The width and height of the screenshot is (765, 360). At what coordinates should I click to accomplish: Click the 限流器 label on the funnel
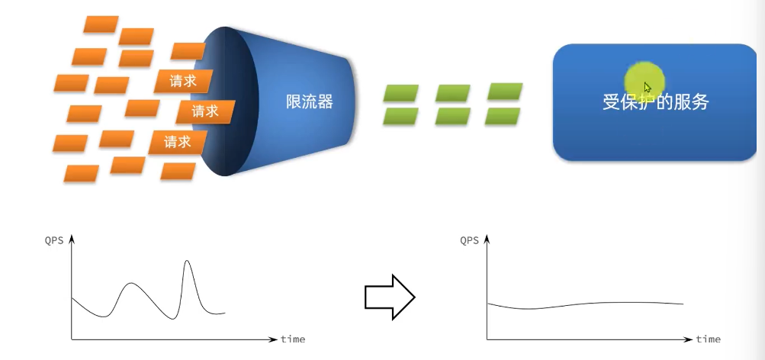click(309, 101)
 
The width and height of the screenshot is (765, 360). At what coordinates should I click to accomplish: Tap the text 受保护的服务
click(655, 101)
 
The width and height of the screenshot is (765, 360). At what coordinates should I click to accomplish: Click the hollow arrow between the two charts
click(389, 296)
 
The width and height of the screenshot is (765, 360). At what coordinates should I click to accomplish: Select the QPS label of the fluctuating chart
click(56, 240)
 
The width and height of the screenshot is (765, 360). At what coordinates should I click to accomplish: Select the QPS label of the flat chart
click(470, 240)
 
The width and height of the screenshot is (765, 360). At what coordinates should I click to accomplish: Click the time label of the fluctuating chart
click(293, 338)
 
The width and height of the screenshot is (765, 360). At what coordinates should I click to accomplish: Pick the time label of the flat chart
click(708, 338)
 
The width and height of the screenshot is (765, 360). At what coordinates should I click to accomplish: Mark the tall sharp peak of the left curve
click(187, 263)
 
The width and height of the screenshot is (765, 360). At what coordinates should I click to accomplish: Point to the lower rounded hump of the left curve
click(132, 285)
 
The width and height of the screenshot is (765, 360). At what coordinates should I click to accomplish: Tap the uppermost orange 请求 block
click(182, 81)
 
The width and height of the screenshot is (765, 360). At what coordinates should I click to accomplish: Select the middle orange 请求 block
click(204, 111)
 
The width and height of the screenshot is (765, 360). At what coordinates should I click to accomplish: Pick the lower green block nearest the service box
click(503, 116)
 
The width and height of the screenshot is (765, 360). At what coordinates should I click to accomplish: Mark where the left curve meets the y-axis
click(72, 297)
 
